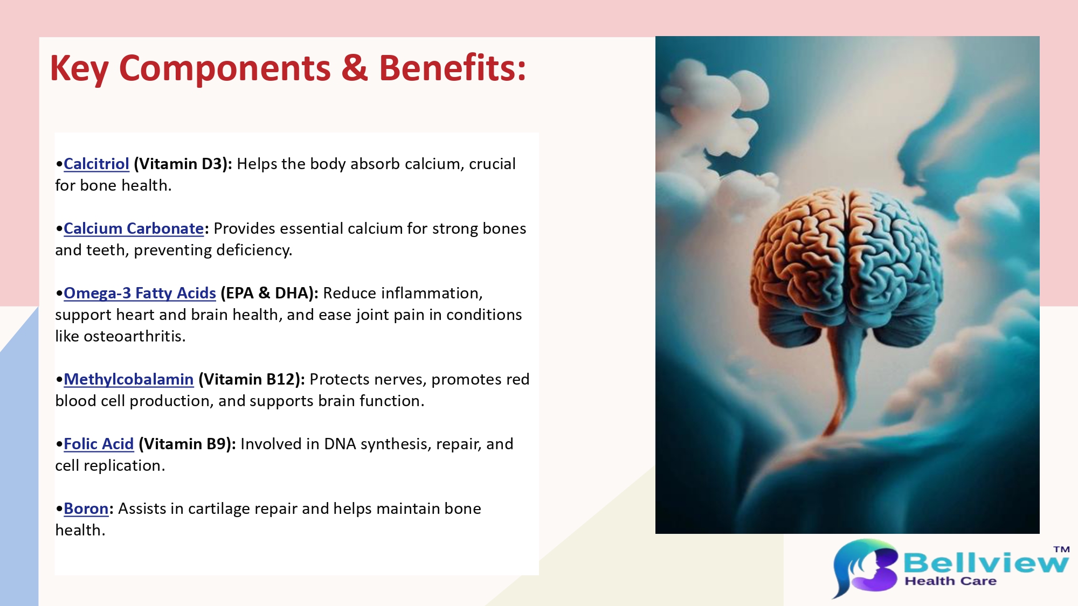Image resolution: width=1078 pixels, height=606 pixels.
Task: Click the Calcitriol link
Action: pyautogui.click(x=96, y=164)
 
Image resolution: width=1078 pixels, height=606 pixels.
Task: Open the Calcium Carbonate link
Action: pyautogui.click(x=134, y=228)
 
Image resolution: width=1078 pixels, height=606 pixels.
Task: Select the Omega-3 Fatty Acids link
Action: pyautogui.click(x=140, y=293)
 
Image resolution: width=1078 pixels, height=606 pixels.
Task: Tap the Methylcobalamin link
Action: pyautogui.click(x=128, y=379)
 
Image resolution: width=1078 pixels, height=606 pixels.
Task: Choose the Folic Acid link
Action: pyautogui.click(x=99, y=444)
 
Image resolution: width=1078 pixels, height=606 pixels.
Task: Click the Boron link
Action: pyautogui.click(x=86, y=509)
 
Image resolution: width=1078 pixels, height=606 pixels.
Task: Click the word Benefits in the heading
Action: pyautogui.click(x=452, y=68)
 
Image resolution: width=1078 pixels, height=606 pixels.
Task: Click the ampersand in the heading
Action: pyautogui.click(x=354, y=68)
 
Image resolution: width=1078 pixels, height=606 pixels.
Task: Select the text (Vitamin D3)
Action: pyautogui.click(x=183, y=164)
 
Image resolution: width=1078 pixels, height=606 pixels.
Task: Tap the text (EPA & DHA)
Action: pyautogui.click(x=269, y=293)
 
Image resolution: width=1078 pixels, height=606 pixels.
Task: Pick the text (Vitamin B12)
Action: pyautogui.click(x=252, y=379)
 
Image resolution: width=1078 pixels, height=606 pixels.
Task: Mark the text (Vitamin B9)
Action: pyautogui.click(x=188, y=444)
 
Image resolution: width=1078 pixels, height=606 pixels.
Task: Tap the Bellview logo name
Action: pyautogui.click(x=986, y=563)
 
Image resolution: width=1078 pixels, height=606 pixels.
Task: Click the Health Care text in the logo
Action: pyautogui.click(x=950, y=581)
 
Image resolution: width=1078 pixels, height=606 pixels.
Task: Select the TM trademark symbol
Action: pyautogui.click(x=1061, y=549)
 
